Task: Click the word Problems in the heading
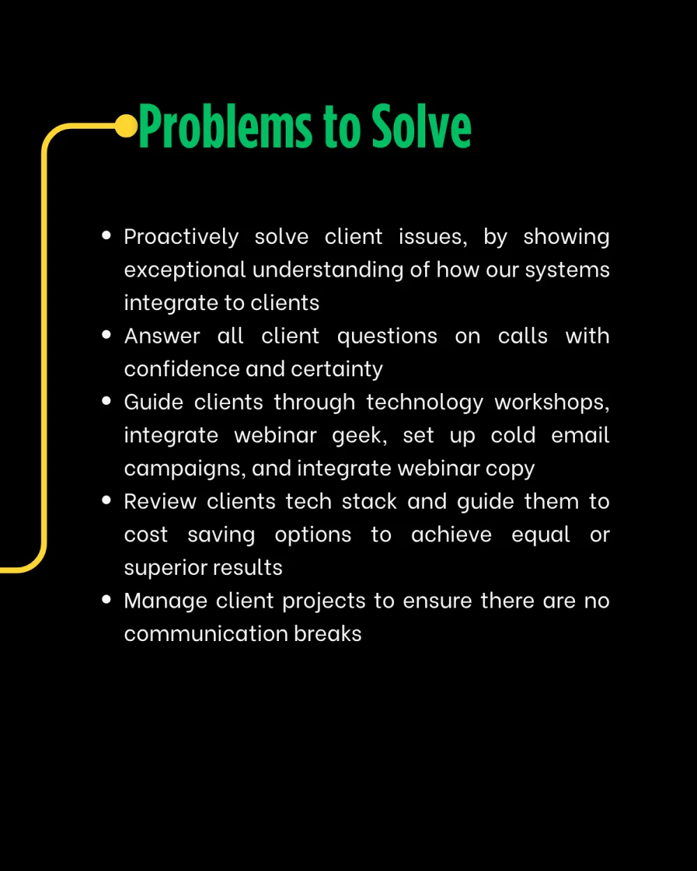click(x=225, y=126)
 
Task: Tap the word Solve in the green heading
click(x=421, y=126)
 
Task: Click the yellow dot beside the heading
click(x=126, y=126)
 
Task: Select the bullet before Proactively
click(x=107, y=235)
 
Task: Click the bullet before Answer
click(x=107, y=334)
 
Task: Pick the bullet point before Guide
click(x=107, y=401)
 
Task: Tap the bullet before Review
click(x=107, y=500)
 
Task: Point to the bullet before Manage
click(x=107, y=599)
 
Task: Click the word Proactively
click(x=181, y=237)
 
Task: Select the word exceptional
click(x=185, y=270)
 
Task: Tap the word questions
click(x=387, y=337)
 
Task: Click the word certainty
click(x=337, y=369)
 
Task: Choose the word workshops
click(x=551, y=403)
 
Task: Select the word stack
click(x=369, y=502)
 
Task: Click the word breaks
click(x=328, y=634)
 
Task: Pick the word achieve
click(x=451, y=534)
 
